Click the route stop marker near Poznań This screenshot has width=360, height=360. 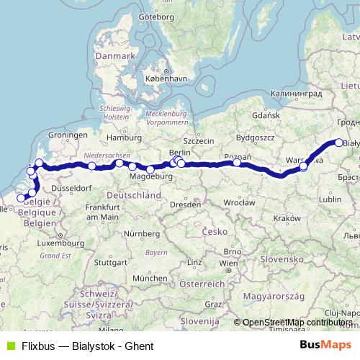point(237,163)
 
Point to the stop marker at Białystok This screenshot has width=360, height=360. point(339,143)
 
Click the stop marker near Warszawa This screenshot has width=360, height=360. point(304,166)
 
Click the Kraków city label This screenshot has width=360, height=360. point(287,217)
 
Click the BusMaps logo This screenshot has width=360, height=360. point(327,345)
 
